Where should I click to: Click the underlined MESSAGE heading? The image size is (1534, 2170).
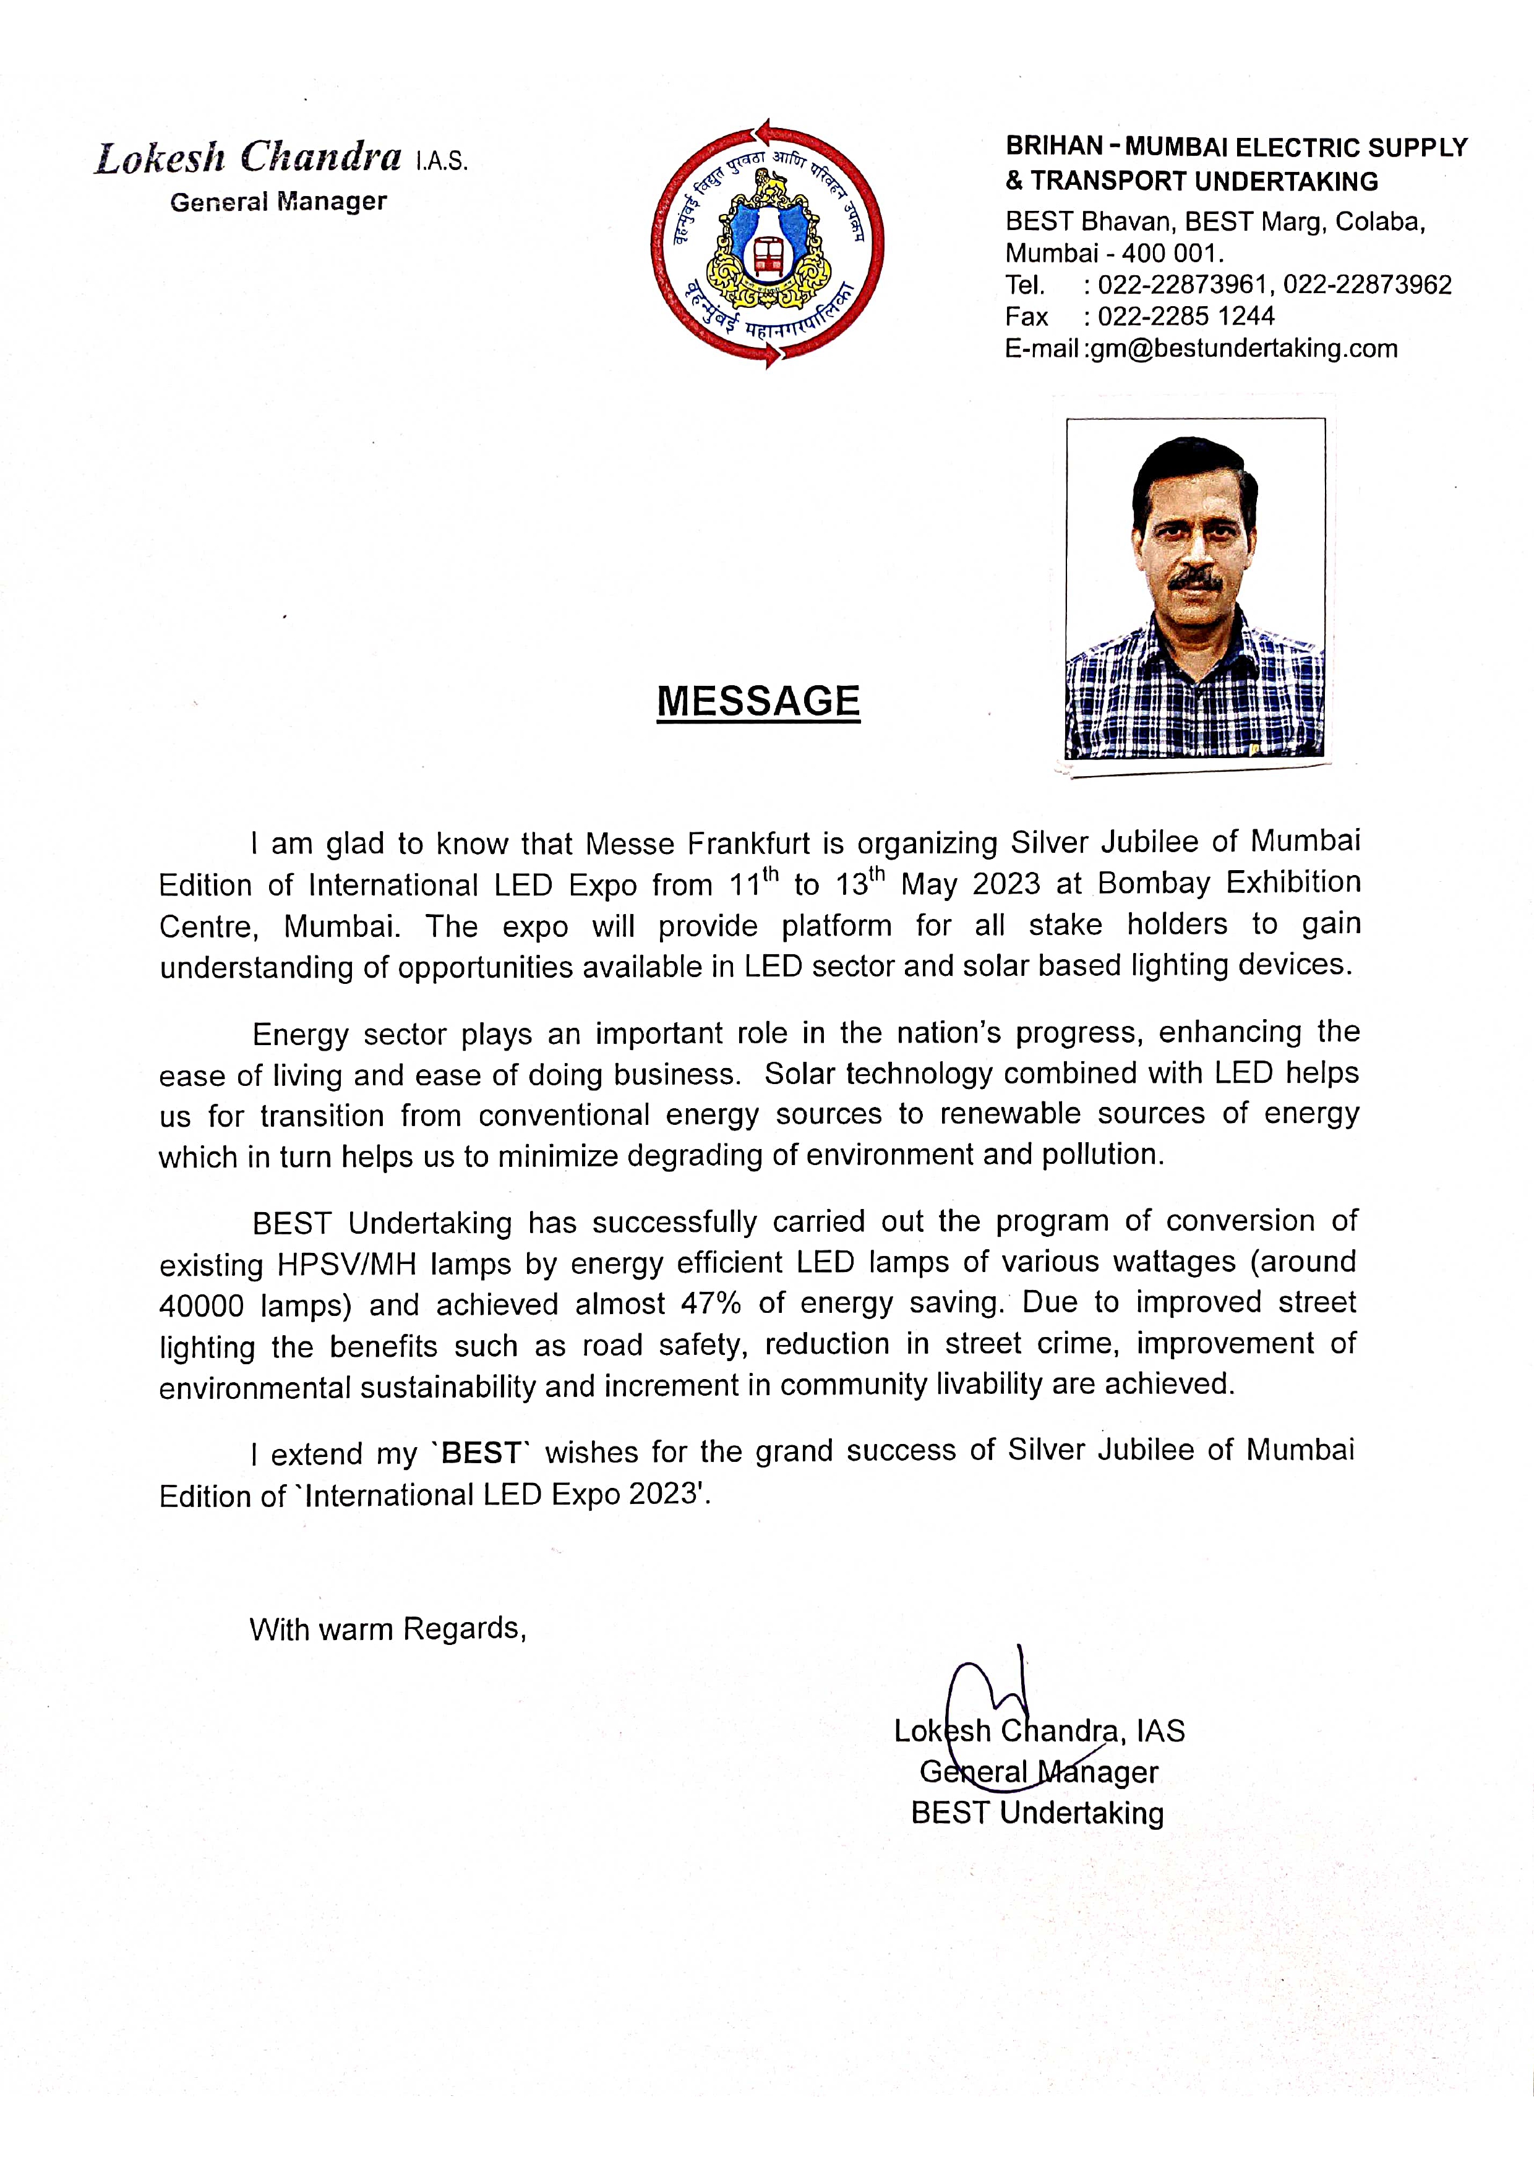point(758,701)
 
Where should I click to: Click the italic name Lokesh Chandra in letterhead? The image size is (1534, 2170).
point(247,158)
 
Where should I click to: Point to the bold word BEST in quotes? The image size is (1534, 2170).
point(481,1453)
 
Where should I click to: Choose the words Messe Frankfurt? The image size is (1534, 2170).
point(696,842)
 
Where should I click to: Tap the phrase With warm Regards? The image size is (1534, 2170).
point(387,1628)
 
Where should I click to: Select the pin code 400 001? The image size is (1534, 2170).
point(1172,254)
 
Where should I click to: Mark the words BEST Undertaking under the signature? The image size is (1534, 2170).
point(1037,1813)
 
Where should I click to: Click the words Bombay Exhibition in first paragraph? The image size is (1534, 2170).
point(1228,882)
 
